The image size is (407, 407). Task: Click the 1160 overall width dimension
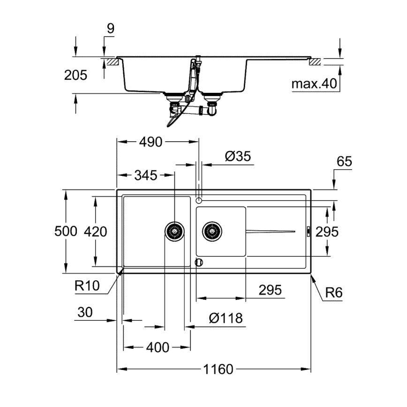point(218,369)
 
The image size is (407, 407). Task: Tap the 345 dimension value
point(146,176)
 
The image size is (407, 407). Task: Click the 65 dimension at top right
point(344,162)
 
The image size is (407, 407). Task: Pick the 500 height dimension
point(65,231)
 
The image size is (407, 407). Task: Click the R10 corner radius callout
point(88,286)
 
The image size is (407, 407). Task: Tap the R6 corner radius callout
point(334,293)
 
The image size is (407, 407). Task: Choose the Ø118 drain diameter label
point(226,318)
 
